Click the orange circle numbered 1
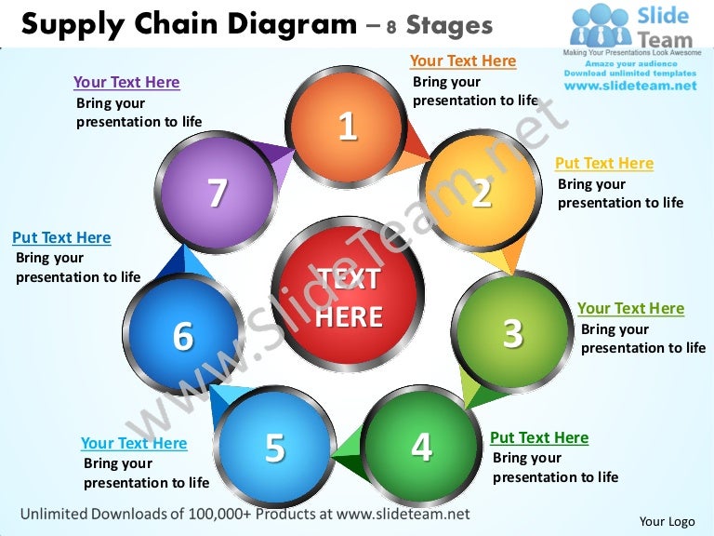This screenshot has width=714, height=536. pyautogui.click(x=346, y=127)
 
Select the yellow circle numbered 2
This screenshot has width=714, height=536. pyautogui.click(x=481, y=192)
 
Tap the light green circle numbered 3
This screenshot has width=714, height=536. pyautogui.click(x=512, y=333)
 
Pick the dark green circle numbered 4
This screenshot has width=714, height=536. pyautogui.click(x=421, y=447)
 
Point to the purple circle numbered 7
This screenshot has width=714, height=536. pyautogui.click(x=217, y=192)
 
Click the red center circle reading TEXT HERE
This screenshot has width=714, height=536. pyautogui.click(x=348, y=294)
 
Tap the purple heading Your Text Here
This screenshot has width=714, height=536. pyautogui.click(x=126, y=82)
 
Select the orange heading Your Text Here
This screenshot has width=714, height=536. pyautogui.click(x=463, y=60)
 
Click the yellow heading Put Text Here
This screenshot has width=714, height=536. pyautogui.click(x=604, y=163)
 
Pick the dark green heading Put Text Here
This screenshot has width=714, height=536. pyautogui.click(x=539, y=437)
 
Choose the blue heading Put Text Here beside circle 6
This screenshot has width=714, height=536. pyautogui.click(x=61, y=237)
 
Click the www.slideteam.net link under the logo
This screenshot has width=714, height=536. pyautogui.click(x=630, y=86)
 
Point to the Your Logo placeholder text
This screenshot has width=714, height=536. pyautogui.click(x=668, y=521)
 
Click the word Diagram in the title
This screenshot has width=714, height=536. pyautogui.click(x=293, y=24)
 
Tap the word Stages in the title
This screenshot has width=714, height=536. pyautogui.click(x=449, y=25)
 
